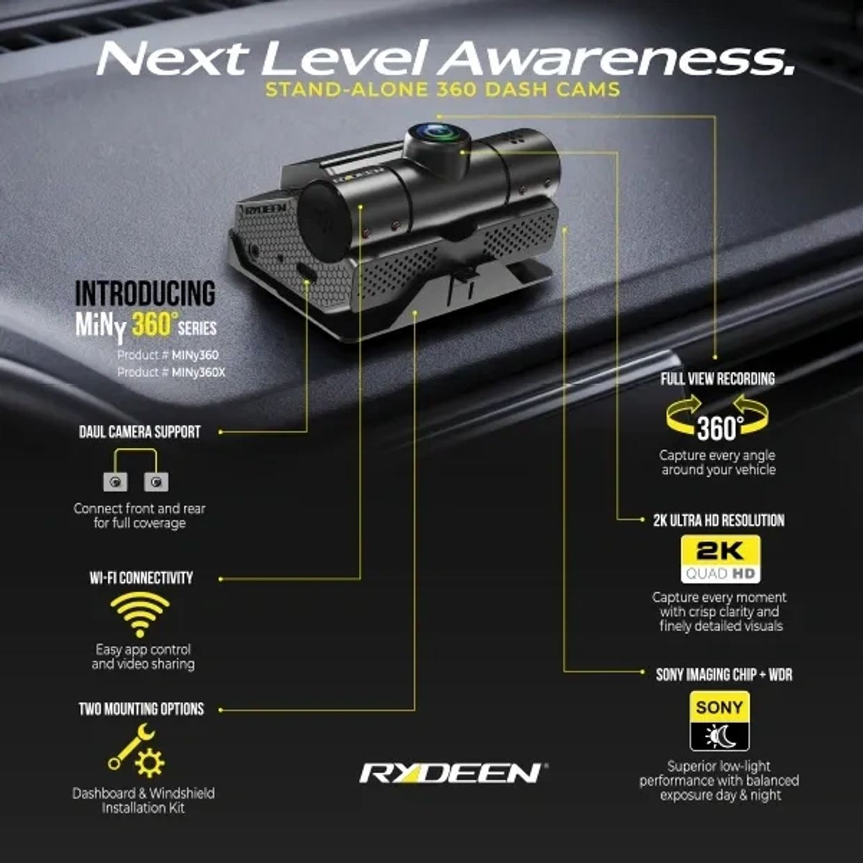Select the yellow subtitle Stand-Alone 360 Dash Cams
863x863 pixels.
tap(443, 89)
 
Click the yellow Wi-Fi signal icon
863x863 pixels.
tap(140, 614)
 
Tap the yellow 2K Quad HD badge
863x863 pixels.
tap(720, 559)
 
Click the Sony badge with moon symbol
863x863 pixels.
tap(720, 720)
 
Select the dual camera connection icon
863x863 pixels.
tap(136, 470)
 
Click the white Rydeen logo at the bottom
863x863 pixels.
tap(453, 773)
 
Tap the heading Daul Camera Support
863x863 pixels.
tap(140, 431)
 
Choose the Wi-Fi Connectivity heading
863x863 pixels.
tap(141, 578)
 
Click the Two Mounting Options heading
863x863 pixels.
tap(141, 709)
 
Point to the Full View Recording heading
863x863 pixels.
tap(718, 379)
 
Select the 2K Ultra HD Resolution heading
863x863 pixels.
tap(719, 521)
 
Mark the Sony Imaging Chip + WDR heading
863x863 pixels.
tap(724, 674)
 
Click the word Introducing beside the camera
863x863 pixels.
tap(145, 293)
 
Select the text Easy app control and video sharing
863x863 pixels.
tap(143, 656)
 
